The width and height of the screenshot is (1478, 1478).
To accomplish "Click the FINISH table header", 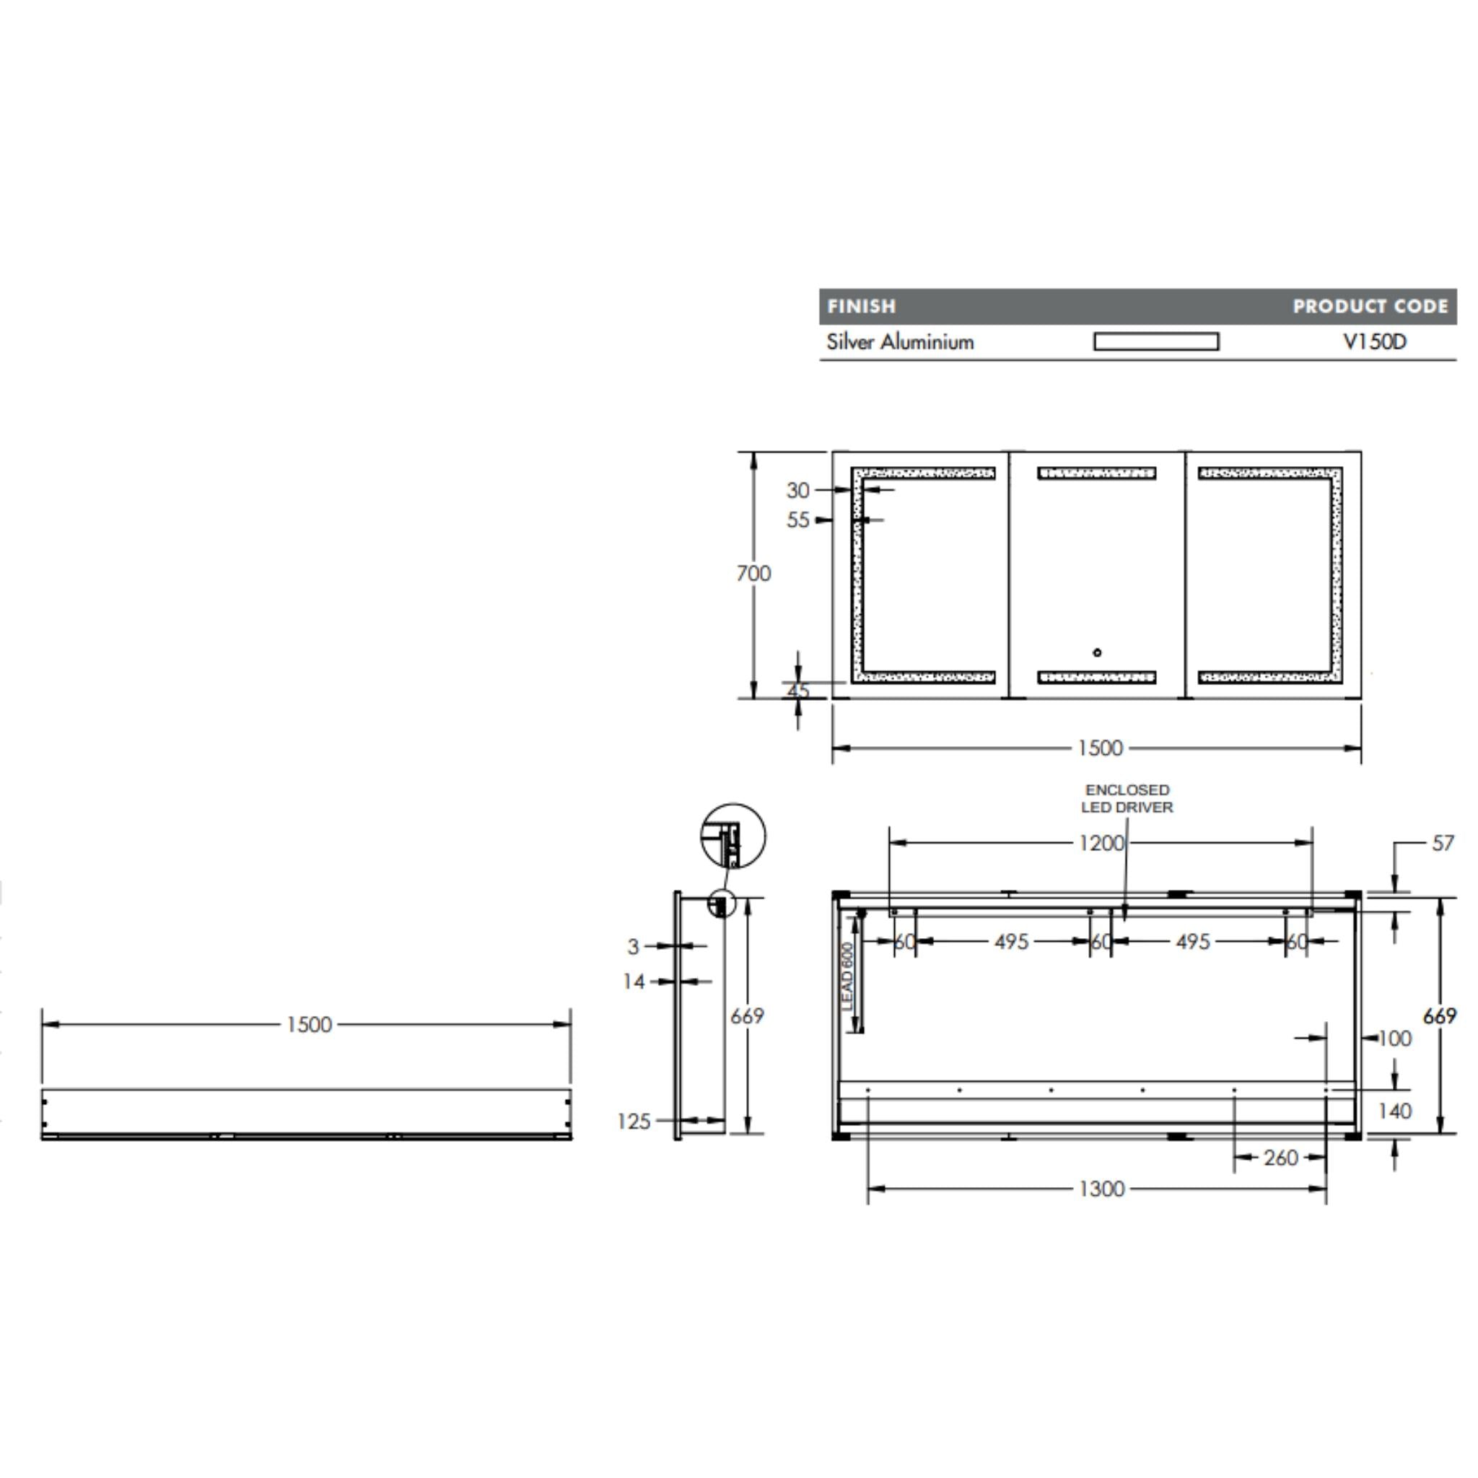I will click(861, 306).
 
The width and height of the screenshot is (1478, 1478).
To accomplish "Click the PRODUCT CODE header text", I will click(1369, 306).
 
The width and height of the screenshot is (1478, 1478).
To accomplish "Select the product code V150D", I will click(1375, 341).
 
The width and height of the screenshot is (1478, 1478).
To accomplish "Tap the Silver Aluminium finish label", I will click(900, 341).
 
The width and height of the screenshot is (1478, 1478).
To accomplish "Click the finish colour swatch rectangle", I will click(1156, 341).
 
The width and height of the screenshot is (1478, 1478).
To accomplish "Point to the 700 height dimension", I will click(753, 573).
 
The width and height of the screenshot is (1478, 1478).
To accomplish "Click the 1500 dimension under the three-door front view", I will click(1100, 748).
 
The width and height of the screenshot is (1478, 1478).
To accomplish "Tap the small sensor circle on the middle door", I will click(1097, 652).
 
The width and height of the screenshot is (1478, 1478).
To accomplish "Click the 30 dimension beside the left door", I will click(797, 490).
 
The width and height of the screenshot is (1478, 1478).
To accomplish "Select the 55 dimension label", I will click(797, 520).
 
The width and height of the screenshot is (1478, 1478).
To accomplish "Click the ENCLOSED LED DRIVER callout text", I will click(1127, 798).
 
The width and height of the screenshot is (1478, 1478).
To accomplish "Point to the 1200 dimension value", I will click(1101, 843).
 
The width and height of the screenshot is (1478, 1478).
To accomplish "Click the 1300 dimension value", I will click(1101, 1189).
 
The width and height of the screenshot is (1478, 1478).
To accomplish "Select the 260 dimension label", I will click(1281, 1158).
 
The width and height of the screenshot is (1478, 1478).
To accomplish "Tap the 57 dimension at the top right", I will click(1442, 843).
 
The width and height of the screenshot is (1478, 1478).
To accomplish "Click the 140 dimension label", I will click(1394, 1111).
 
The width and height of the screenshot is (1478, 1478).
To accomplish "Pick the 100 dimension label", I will click(1394, 1038).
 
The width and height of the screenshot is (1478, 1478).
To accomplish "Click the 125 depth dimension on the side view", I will click(634, 1121).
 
